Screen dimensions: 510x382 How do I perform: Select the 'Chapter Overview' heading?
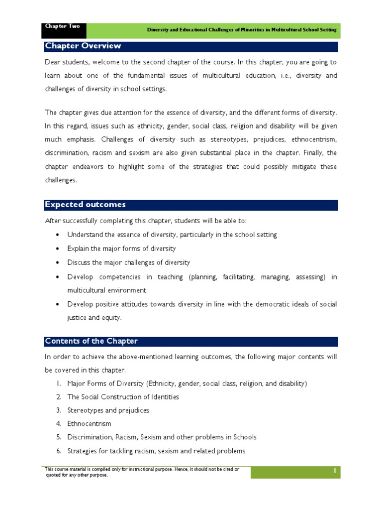[x=83, y=46]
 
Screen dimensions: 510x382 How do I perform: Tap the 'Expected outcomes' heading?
[x=85, y=205]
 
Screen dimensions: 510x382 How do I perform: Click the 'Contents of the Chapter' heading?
[x=91, y=341]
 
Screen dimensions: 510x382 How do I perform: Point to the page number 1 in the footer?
[x=335, y=471]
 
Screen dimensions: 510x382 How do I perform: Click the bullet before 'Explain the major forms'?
[x=58, y=249]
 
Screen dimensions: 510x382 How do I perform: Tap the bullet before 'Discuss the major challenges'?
[x=58, y=262]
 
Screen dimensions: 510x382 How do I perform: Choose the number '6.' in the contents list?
[x=58, y=451]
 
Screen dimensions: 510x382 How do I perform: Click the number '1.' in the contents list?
[x=58, y=383]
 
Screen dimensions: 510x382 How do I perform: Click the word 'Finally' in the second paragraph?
[x=314, y=154]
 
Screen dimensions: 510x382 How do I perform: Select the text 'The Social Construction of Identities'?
[x=123, y=397]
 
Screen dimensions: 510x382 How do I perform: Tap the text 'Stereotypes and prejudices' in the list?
[x=108, y=410]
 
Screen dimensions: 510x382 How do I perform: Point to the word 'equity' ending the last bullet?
[x=110, y=318]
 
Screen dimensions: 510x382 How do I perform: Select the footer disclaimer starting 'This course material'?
[x=142, y=472]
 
